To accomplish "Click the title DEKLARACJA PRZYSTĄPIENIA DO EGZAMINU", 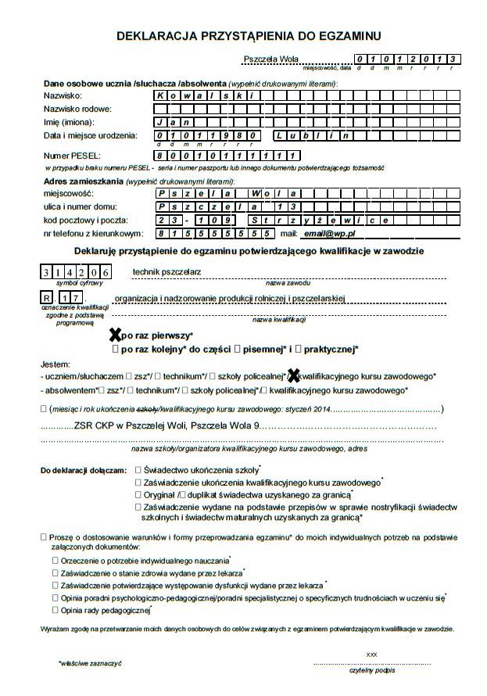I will (249, 36).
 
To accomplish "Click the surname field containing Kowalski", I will (204, 95).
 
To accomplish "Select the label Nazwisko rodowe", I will (77, 109).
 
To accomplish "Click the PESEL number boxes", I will (227, 156).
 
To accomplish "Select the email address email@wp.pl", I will (330, 233).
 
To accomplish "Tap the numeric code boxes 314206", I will (76, 272).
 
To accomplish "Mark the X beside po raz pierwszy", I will (115, 335).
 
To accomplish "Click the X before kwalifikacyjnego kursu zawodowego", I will (294, 375).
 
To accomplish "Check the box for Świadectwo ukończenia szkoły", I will (138, 470).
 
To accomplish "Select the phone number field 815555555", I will (213, 233).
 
